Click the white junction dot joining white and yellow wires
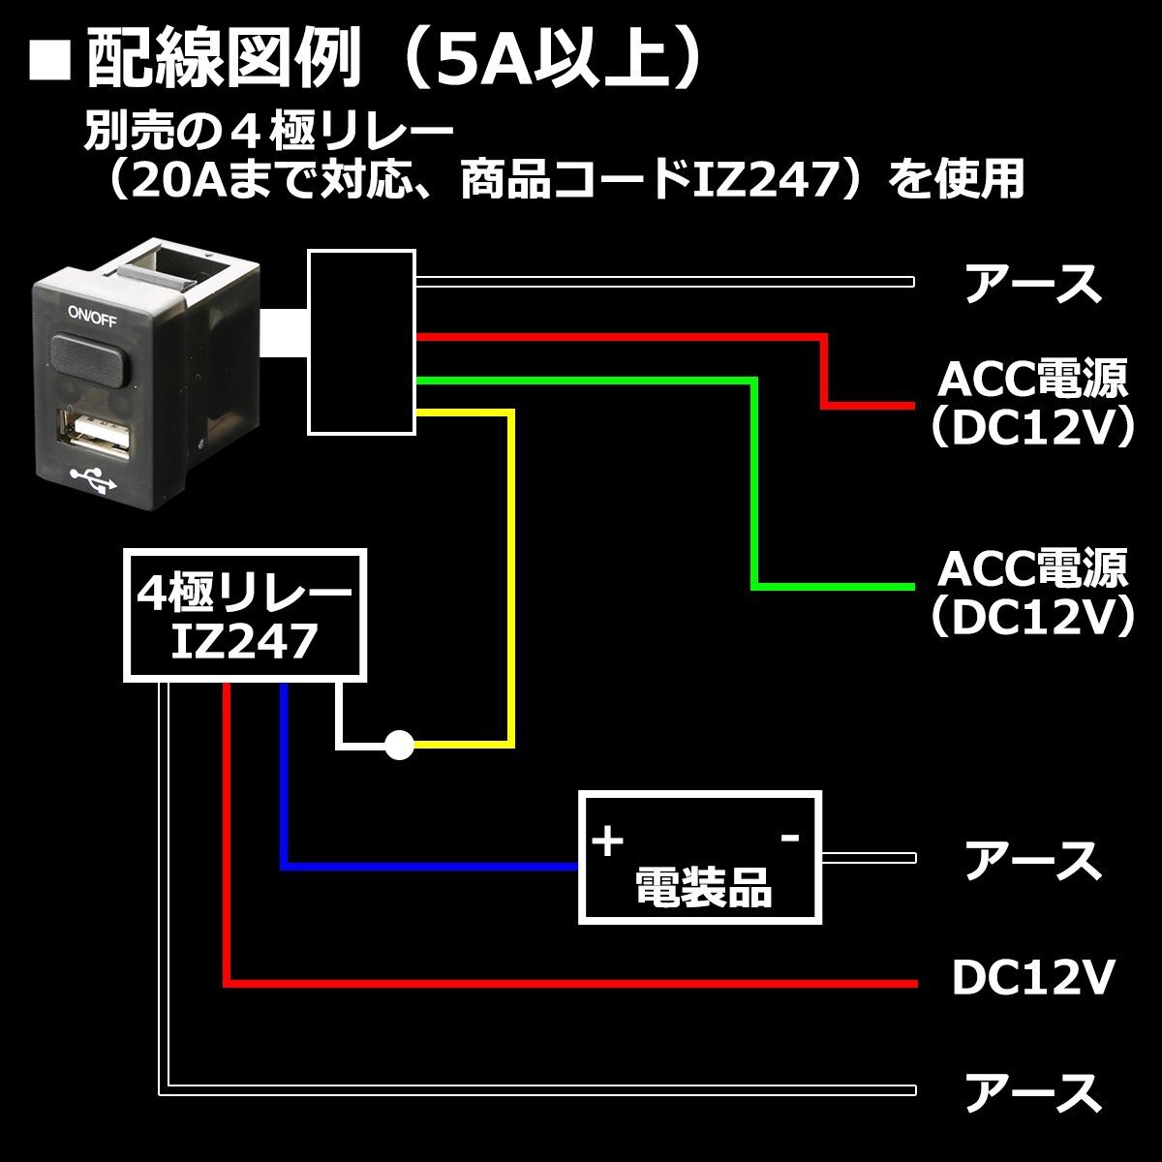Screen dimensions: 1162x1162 coord(399,745)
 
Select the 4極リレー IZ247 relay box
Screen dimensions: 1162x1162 coord(244,615)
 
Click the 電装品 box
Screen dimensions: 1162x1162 coord(699,858)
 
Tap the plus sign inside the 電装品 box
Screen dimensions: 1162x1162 coord(607,841)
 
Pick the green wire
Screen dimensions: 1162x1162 coord(754,484)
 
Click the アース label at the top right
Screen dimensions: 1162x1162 coord(1033,283)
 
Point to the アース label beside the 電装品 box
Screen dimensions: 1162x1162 coord(1033,860)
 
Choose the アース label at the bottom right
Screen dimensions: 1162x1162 coord(1033,1091)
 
